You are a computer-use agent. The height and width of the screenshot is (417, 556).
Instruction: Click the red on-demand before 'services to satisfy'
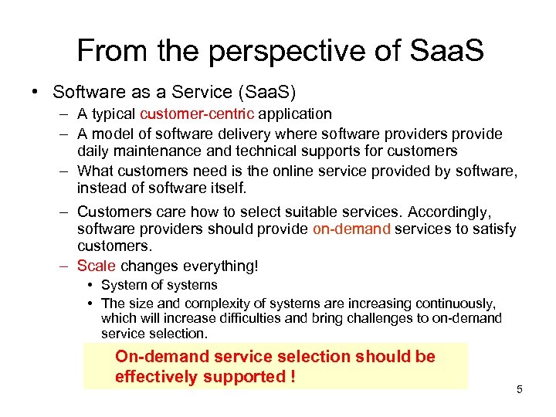point(351,229)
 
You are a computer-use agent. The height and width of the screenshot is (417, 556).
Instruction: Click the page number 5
point(519,389)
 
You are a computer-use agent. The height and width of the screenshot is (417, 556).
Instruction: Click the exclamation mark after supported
point(293,377)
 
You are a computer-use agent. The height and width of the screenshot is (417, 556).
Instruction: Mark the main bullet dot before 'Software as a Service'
point(36,91)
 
